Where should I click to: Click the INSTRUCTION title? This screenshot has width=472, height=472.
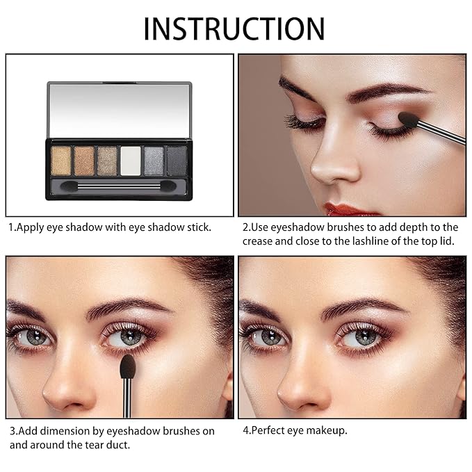point(234,29)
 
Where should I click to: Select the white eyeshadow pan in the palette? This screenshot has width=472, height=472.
point(131,161)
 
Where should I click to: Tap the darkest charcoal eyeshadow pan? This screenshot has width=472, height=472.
point(177,161)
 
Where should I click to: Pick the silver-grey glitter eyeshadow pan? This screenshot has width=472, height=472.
point(154,161)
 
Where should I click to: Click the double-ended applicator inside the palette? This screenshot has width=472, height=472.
point(118,186)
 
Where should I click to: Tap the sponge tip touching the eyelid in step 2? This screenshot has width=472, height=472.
point(408,120)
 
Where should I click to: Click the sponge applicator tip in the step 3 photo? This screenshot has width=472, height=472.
point(127,366)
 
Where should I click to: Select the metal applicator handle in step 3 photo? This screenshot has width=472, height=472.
point(127,398)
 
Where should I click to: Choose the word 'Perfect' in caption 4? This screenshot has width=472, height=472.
point(268,430)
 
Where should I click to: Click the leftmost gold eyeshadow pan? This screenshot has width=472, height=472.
point(60,161)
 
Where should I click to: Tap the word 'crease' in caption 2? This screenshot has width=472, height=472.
point(257,242)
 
